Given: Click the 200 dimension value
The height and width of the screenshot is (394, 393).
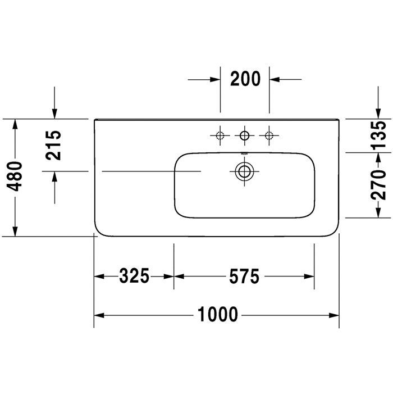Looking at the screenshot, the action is [x=245, y=79].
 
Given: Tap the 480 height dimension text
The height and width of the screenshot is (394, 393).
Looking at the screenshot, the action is [x=14, y=176].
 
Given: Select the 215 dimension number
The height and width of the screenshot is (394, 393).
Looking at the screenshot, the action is [x=53, y=145].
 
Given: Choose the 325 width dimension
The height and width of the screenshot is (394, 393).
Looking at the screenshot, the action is [x=134, y=276].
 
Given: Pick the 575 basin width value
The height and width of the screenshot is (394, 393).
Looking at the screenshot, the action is [x=244, y=277].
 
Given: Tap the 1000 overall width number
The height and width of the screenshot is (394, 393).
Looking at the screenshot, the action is [x=218, y=315].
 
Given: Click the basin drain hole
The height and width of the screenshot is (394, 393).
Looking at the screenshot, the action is [x=244, y=171].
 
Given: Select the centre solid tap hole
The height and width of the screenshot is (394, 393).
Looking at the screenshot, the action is [x=244, y=135].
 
